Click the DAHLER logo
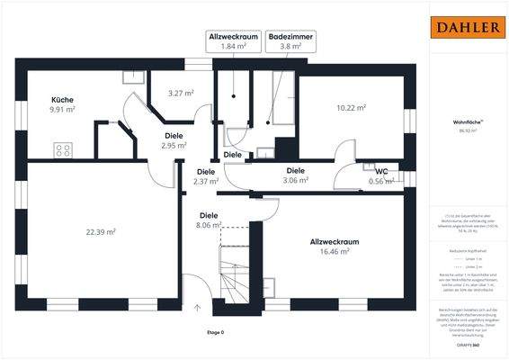pyautogui.click(x=468, y=27)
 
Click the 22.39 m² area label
pyautogui.click(x=101, y=232)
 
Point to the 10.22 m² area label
pyautogui.click(x=351, y=108)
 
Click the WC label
pyautogui.click(x=381, y=170)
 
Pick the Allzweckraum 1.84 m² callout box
pyautogui.click(x=232, y=41)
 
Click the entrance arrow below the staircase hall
pyautogui.click(x=196, y=308)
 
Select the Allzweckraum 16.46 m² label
pyautogui.click(x=335, y=247)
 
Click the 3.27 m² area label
pyautogui.click(x=182, y=93)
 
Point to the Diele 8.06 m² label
pyautogui.click(x=209, y=221)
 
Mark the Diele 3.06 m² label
pyautogui.click(x=295, y=175)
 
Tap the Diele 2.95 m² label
pyautogui.click(x=174, y=140)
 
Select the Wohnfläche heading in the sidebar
pyautogui.click(x=465, y=121)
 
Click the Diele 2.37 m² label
pyautogui.click(x=206, y=176)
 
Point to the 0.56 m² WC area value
pyautogui.click(x=381, y=181)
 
